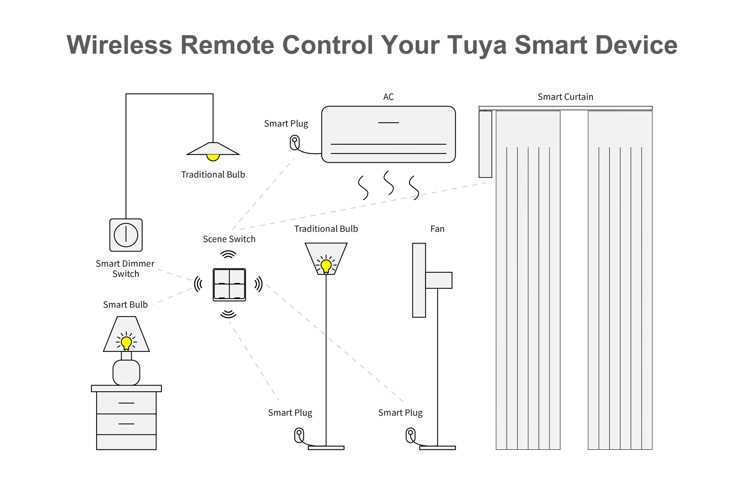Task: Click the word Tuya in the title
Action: (477, 45)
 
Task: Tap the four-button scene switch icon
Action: (229, 284)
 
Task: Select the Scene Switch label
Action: (229, 239)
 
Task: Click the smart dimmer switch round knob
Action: (126, 235)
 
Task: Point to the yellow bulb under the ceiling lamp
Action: (213, 157)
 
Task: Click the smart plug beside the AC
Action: (295, 143)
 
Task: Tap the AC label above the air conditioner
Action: (388, 97)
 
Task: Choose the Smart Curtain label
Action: (565, 97)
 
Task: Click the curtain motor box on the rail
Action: (485, 144)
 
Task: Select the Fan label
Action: (437, 229)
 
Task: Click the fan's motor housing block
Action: (438, 280)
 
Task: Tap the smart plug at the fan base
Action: (410, 435)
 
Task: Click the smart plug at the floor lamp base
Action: (299, 435)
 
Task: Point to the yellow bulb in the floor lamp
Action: (326, 265)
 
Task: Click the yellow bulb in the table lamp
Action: (126, 342)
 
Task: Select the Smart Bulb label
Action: (125, 305)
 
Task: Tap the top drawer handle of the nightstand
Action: (126, 403)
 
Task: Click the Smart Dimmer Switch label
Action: (125, 268)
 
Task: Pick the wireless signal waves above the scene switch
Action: (228, 254)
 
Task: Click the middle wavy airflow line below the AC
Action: (388, 183)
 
